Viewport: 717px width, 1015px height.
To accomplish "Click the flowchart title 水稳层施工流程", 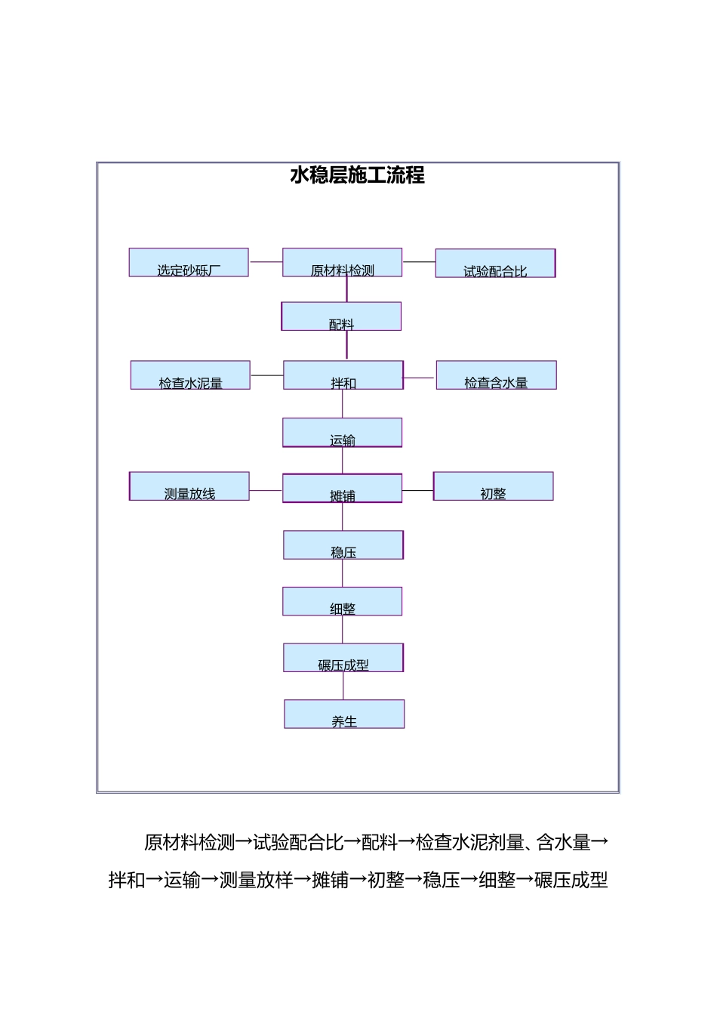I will [358, 175].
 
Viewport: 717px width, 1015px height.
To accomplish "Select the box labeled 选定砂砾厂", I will [189, 263].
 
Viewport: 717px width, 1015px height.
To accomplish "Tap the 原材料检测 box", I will [342, 263].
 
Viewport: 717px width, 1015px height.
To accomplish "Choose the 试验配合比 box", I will [495, 264].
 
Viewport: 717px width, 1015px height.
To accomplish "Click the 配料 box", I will [341, 316].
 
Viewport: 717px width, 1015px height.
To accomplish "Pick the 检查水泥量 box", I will [190, 375].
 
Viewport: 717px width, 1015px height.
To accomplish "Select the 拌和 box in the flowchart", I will [343, 375].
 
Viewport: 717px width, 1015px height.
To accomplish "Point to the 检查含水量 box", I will [496, 375].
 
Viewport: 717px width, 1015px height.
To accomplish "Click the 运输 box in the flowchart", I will [342, 433].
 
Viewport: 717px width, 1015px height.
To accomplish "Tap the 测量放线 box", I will [189, 486].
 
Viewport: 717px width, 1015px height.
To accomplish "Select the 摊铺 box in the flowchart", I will [342, 489].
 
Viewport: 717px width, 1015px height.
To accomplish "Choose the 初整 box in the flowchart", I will [493, 486].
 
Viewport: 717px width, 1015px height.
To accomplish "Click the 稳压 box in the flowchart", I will [343, 545].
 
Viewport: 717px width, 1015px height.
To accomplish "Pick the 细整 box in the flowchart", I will [342, 602].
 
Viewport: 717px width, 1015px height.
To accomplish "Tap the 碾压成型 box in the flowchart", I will [343, 658].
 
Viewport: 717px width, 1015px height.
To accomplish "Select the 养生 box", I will [344, 714].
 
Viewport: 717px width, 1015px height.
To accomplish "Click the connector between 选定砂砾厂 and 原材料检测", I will [266, 262].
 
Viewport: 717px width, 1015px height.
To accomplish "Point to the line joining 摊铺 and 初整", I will [417, 491].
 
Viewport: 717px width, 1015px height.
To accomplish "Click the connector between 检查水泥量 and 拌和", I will [266, 375].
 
